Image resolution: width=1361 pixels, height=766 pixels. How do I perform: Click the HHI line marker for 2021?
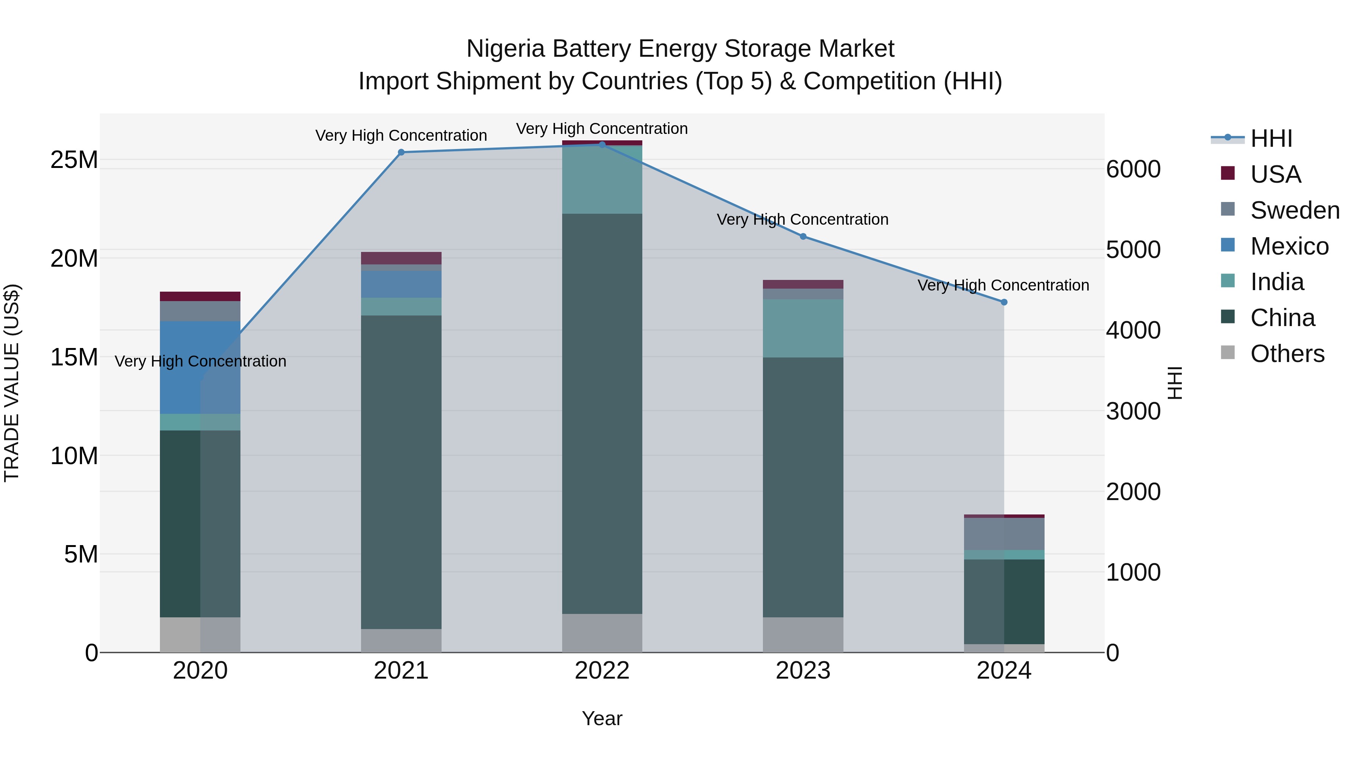[401, 152]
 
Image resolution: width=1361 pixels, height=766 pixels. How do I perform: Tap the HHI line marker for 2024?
[1004, 302]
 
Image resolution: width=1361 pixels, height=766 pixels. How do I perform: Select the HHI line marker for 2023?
[803, 236]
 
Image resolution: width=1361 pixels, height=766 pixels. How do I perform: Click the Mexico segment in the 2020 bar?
[200, 367]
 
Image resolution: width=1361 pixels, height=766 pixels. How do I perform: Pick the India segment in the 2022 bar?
[602, 180]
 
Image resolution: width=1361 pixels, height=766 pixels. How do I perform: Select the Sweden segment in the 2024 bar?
[1004, 534]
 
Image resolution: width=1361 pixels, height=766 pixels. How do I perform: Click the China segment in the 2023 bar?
[803, 486]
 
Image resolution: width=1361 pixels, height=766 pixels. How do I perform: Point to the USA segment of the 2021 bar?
[401, 258]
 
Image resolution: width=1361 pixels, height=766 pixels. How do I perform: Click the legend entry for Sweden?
[1294, 210]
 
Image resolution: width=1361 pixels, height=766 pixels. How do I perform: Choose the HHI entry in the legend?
[1271, 138]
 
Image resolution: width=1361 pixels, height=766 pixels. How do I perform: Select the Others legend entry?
[1287, 354]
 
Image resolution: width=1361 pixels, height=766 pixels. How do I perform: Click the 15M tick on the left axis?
[74, 357]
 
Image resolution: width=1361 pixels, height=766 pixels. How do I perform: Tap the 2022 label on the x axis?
[602, 671]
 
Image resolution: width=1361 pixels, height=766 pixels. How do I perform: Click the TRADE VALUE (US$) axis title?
[12, 383]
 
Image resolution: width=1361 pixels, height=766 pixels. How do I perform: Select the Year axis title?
[602, 718]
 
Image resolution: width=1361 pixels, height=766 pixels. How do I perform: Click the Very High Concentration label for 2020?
[200, 361]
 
